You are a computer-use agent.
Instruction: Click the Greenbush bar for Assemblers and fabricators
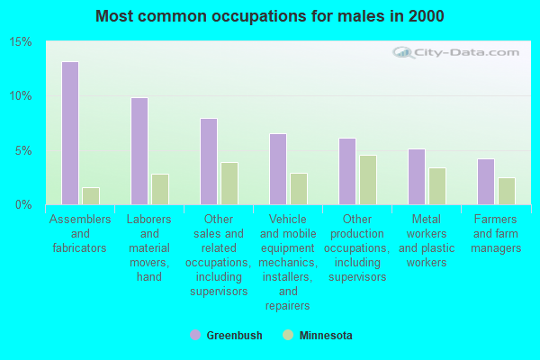click(x=69, y=133)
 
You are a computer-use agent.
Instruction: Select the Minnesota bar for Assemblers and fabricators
click(x=91, y=195)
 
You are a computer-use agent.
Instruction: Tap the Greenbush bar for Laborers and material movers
click(x=139, y=151)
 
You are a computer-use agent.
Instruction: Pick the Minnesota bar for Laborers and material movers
click(x=160, y=189)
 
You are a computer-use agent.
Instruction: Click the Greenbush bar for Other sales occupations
click(x=208, y=161)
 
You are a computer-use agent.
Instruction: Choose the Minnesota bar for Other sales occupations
click(x=229, y=184)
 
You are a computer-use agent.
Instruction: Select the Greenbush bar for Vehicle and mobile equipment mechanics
click(x=277, y=169)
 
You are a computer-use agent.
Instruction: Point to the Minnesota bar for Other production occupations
click(x=368, y=180)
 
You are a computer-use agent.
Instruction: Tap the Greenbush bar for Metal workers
click(x=416, y=176)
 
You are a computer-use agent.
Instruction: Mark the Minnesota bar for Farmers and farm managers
click(x=507, y=191)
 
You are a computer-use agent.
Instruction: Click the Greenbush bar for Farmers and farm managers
click(x=485, y=182)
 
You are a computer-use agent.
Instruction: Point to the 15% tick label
click(x=22, y=42)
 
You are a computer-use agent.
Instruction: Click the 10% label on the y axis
click(x=22, y=96)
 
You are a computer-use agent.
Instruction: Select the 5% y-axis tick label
click(x=24, y=150)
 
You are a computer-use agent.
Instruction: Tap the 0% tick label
click(x=24, y=204)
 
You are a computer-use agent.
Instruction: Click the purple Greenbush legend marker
click(x=195, y=335)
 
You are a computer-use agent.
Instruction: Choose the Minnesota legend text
click(x=325, y=336)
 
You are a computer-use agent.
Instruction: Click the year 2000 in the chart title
click(x=427, y=16)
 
